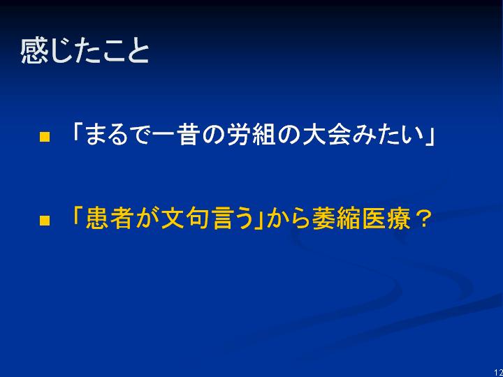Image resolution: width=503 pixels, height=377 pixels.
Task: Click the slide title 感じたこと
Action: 85,51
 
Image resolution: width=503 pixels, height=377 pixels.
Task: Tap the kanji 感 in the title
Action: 33,51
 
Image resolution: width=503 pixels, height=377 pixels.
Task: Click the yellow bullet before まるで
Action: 45,137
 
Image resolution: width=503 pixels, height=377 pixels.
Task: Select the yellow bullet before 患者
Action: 45,221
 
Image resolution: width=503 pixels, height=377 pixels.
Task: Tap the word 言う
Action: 232,218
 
